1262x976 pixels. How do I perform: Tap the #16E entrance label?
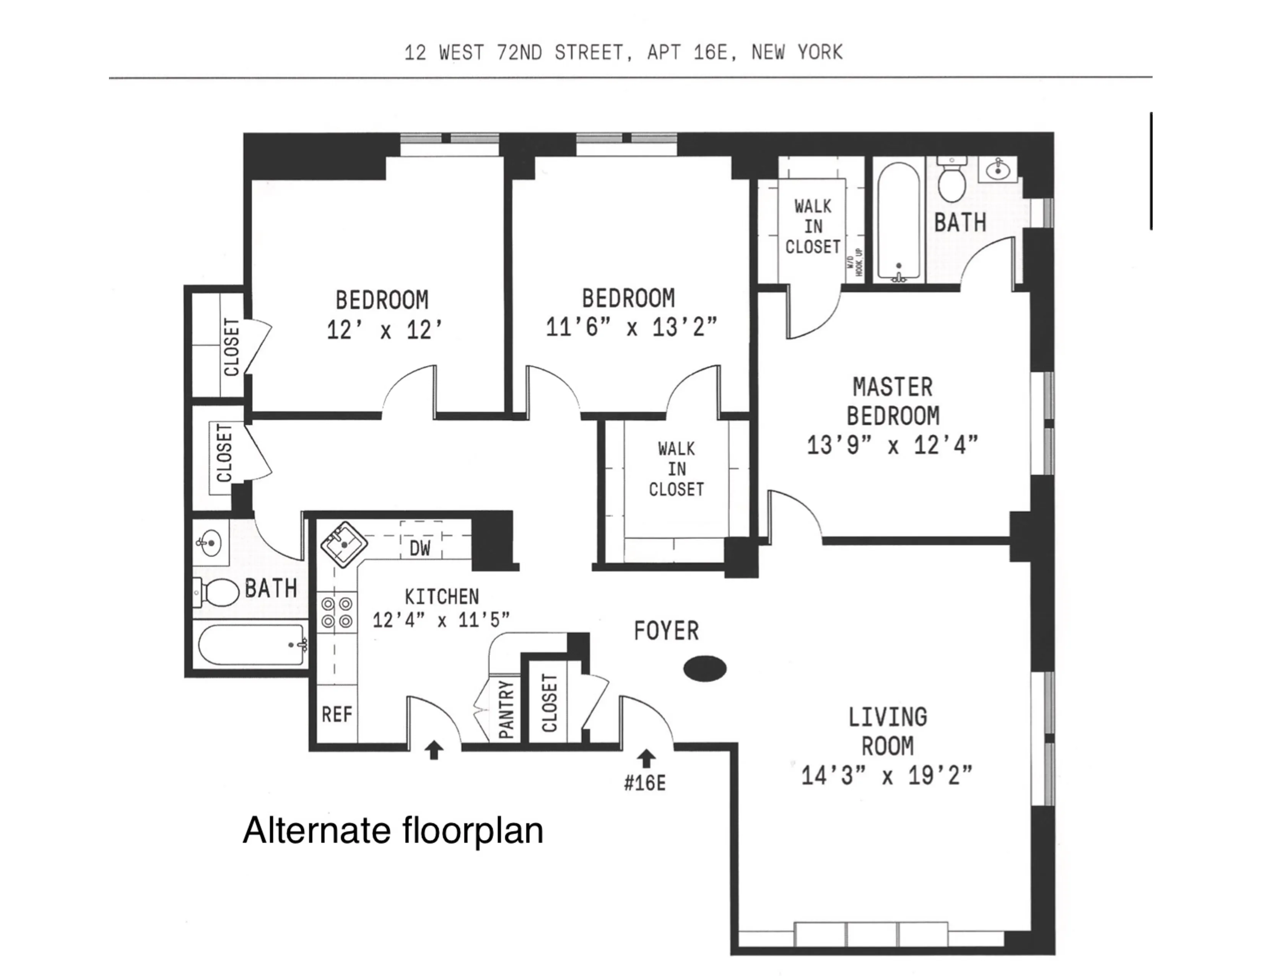[x=645, y=783]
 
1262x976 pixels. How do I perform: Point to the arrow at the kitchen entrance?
[x=434, y=751]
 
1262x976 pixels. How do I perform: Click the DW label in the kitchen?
[x=420, y=548]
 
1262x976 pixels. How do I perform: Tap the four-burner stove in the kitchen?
[x=337, y=613]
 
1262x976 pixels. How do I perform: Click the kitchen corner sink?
[x=344, y=544]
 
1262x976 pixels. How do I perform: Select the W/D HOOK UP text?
[x=855, y=262]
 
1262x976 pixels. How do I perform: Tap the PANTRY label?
[x=506, y=710]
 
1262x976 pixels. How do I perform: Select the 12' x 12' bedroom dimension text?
[x=384, y=330]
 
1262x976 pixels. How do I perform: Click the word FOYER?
[x=666, y=630]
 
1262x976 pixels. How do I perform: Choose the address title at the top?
[x=623, y=52]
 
